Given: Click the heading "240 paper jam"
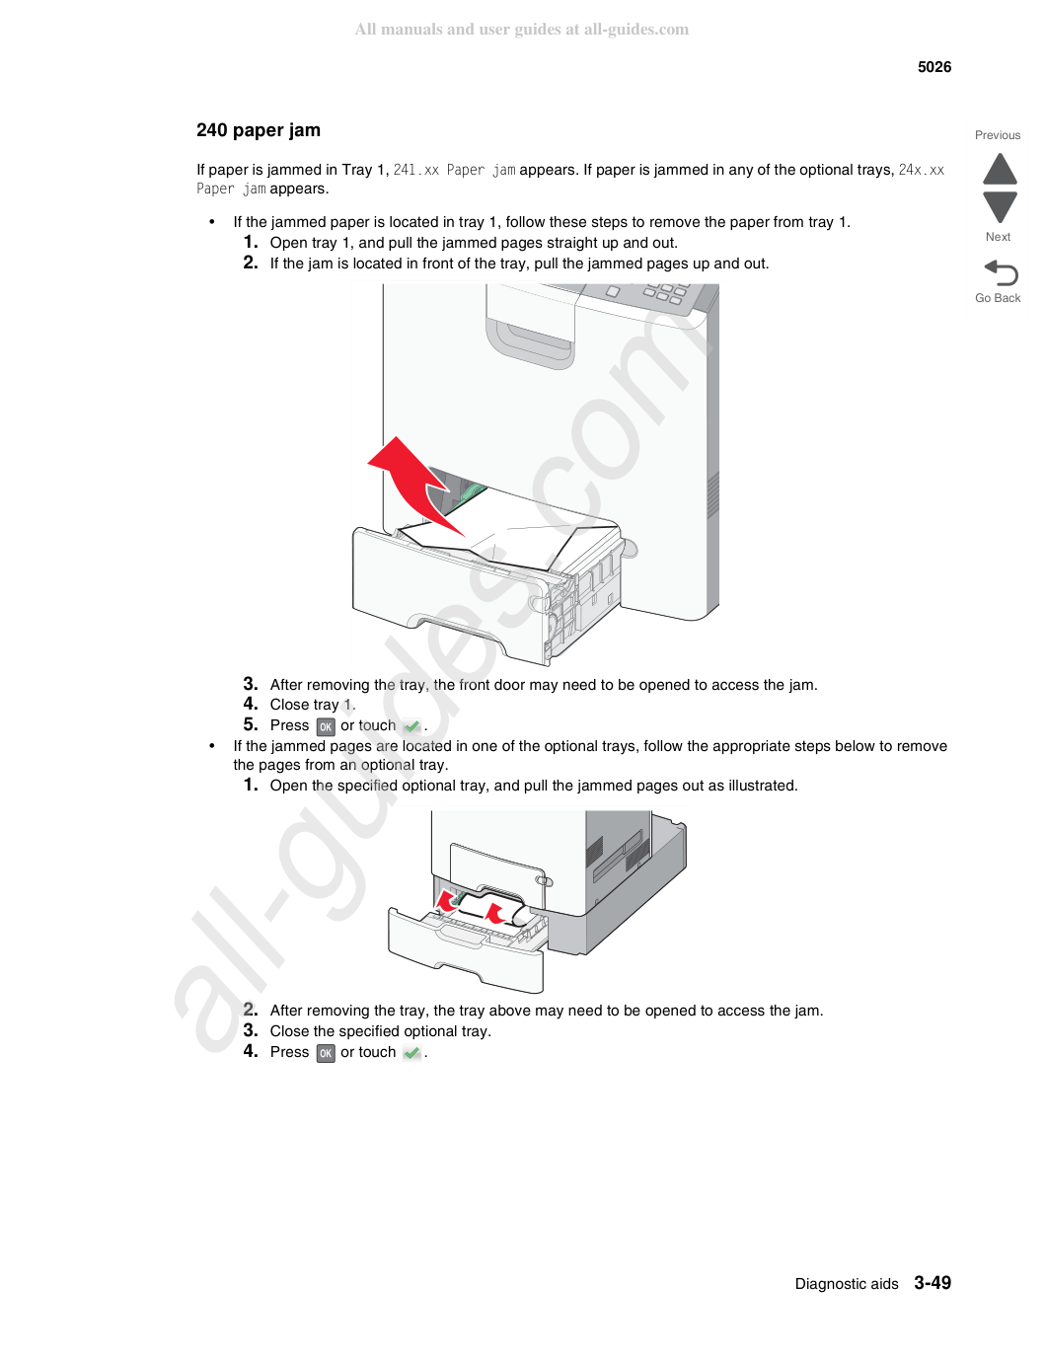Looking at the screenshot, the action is tap(259, 130).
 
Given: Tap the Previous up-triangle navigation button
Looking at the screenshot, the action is tap(1000, 169).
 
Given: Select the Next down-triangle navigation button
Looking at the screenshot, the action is tap(1000, 207).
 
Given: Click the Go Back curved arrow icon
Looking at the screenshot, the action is tap(1001, 272).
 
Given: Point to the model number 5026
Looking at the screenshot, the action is tap(933, 67).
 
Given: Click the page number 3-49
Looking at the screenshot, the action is tap(933, 1282).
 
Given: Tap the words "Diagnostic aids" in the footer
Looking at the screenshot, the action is tap(846, 1284).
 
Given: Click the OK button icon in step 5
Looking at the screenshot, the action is tap(325, 726).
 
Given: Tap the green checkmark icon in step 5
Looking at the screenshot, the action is tap(411, 725).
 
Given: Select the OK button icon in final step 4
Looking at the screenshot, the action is tap(325, 1053).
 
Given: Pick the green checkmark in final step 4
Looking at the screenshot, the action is tap(411, 1053).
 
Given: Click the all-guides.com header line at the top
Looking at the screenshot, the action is tap(522, 30).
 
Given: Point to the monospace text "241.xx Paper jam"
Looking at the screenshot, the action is tap(454, 170).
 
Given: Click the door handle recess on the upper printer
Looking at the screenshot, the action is tap(530, 340).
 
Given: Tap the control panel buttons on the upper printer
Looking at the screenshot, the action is tap(663, 293).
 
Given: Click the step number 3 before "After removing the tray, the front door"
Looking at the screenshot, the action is tap(251, 683).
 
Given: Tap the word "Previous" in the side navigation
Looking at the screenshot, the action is tap(998, 135).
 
